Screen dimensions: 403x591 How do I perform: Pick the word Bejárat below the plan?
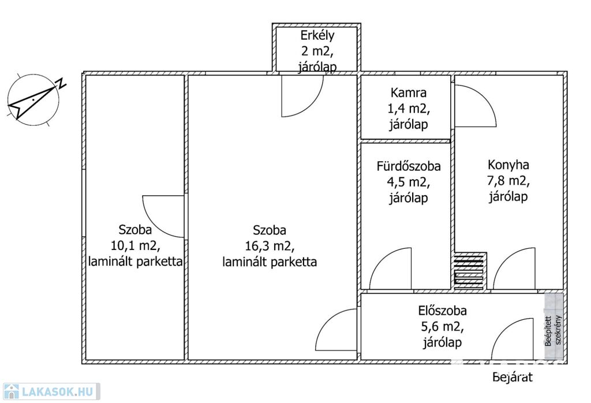click(513, 378)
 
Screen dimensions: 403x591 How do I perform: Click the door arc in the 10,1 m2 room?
click(163, 217)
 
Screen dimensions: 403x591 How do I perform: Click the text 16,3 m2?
click(269, 246)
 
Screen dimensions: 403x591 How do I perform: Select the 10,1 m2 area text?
click(136, 244)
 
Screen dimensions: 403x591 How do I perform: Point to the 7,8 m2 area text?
click(508, 180)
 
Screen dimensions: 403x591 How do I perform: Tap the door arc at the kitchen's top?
click(475, 106)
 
